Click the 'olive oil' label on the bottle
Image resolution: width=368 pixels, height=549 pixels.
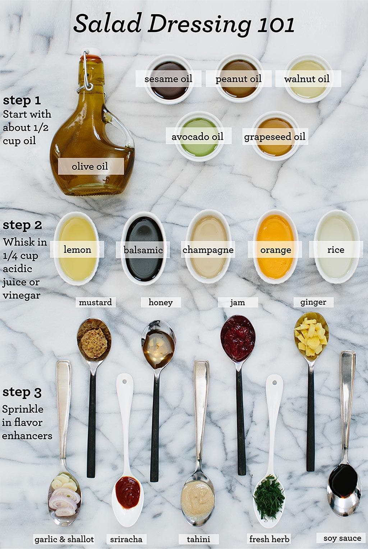pyautogui.click(x=90, y=166)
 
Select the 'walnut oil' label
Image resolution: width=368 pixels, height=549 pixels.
pyautogui.click(x=307, y=79)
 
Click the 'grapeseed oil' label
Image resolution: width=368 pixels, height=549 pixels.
pyautogui.click(x=275, y=137)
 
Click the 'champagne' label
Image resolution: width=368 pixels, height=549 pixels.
pyautogui.click(x=208, y=250)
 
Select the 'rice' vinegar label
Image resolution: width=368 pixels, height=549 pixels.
pyautogui.click(x=336, y=250)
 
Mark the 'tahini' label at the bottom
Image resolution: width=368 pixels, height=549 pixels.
pyautogui.click(x=198, y=539)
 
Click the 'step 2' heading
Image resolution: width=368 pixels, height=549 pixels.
pyautogui.click(x=22, y=225)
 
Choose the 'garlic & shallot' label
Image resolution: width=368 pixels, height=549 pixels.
pyautogui.click(x=64, y=539)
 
